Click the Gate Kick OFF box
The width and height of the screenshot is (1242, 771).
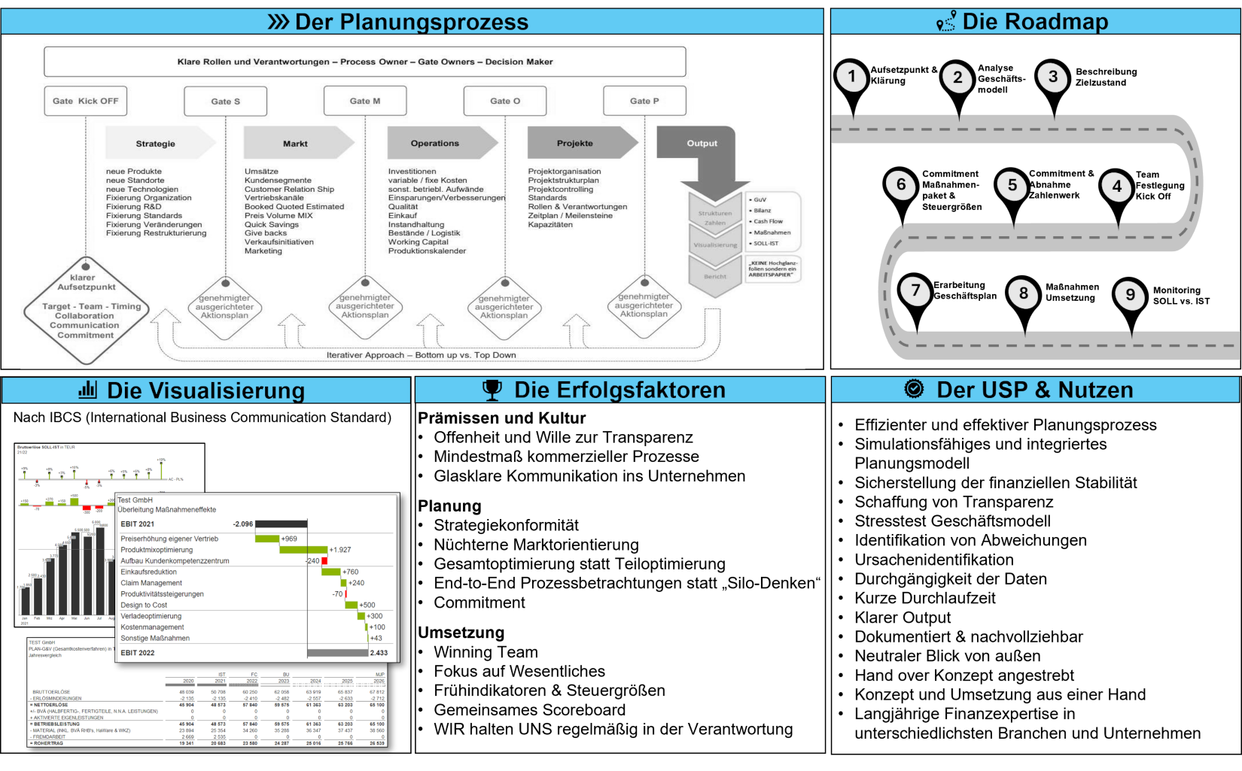point(85,101)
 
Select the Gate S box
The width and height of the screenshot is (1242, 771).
point(225,102)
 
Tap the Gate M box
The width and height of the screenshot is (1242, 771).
point(365,101)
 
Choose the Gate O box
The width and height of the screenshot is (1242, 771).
point(504,101)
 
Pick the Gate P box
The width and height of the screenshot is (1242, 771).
point(644,101)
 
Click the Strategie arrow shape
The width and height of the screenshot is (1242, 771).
point(156,143)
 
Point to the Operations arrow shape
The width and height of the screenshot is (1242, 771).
point(435,143)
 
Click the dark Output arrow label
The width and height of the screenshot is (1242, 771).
point(702,143)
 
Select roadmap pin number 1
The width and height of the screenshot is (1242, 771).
point(852,77)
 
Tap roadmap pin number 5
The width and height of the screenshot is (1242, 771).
point(1012,186)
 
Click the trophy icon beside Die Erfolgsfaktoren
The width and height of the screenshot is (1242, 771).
point(492,390)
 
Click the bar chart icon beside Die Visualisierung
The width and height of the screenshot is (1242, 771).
point(88,390)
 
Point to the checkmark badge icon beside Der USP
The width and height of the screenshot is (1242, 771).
point(914,389)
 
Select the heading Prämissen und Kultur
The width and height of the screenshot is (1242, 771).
point(502,418)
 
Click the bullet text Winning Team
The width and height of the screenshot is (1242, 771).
point(486,652)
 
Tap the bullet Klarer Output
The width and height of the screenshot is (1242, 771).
point(903,618)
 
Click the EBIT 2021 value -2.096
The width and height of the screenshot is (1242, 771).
point(243,524)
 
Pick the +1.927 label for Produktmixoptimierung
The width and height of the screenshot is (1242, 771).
point(340,550)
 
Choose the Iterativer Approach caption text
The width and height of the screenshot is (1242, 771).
point(422,355)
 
